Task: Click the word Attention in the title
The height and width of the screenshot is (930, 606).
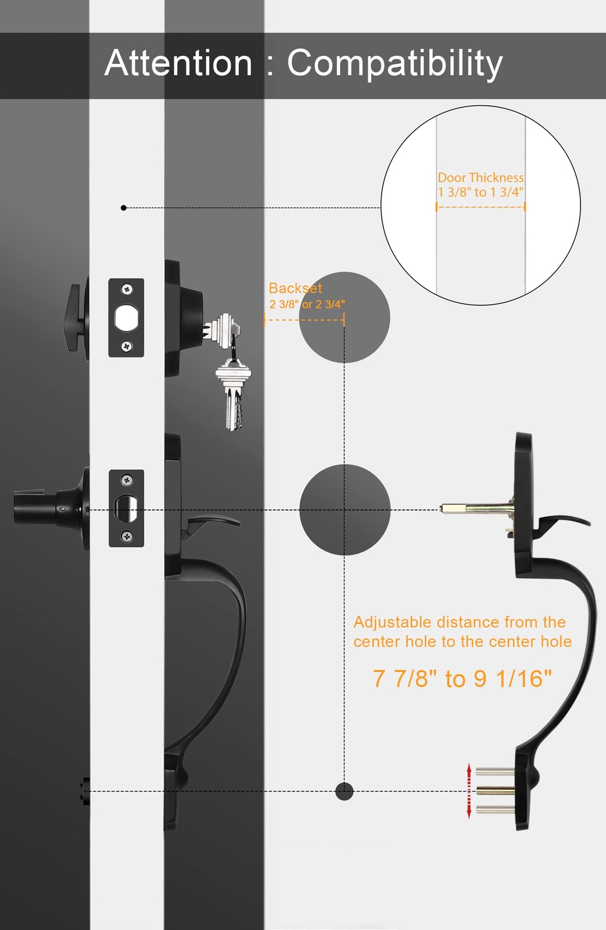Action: click(x=178, y=63)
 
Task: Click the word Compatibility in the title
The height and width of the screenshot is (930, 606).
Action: click(x=395, y=64)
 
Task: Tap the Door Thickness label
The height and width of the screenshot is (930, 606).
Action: click(x=481, y=178)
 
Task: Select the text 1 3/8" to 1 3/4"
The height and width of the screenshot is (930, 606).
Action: click(x=481, y=192)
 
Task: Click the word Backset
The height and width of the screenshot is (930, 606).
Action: click(x=295, y=288)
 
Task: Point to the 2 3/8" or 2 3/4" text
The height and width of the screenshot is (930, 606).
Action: click(x=307, y=305)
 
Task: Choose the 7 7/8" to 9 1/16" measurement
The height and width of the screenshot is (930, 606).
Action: click(x=462, y=678)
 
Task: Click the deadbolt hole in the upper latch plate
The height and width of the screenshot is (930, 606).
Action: click(x=126, y=317)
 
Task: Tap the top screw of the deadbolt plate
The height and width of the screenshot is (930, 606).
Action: click(x=127, y=289)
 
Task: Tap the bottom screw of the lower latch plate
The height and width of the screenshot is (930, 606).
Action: click(x=127, y=536)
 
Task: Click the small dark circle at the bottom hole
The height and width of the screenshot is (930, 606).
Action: click(x=344, y=791)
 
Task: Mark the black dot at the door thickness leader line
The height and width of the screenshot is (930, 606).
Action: click(x=123, y=208)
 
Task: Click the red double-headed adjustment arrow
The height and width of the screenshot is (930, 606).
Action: click(x=469, y=791)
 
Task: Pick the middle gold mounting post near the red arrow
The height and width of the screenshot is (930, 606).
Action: click(x=495, y=791)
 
